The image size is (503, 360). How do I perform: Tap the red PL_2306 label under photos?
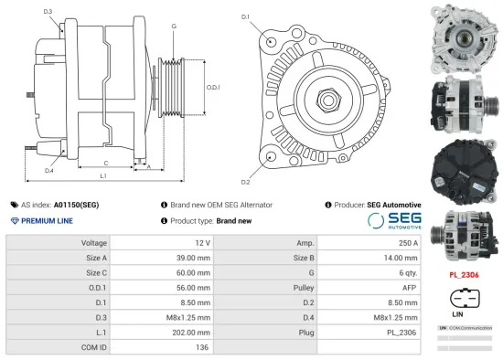(464, 273)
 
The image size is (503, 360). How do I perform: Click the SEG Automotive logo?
(401, 221)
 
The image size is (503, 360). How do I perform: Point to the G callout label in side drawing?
(174, 26)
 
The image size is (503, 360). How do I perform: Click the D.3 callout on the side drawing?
(48, 11)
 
